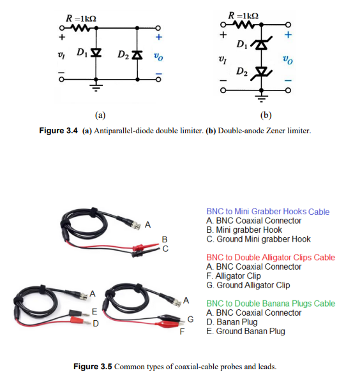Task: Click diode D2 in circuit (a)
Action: tap(139, 54)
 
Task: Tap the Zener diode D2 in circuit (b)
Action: tap(260, 71)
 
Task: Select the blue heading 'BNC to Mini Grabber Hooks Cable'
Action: tap(267, 212)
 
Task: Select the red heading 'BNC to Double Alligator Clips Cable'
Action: tap(270, 258)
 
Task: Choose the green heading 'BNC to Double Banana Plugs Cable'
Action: tap(270, 304)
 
